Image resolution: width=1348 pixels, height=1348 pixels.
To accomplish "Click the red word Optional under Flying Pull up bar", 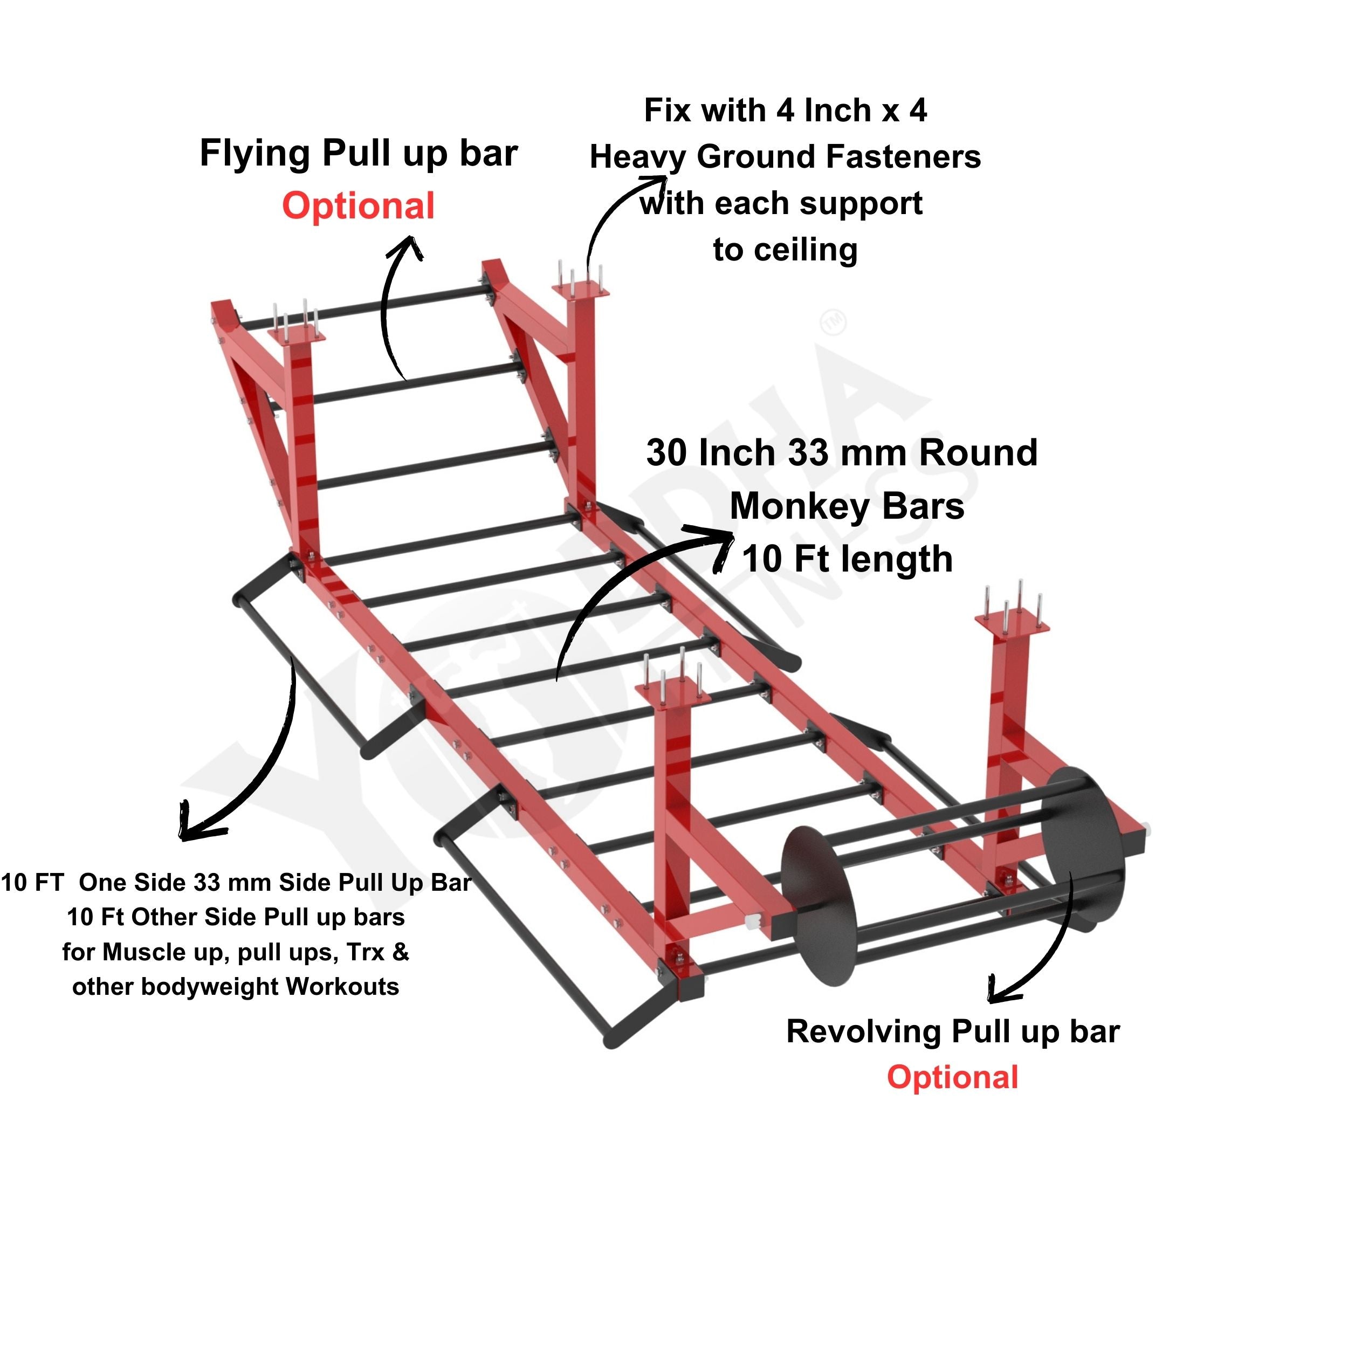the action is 359,207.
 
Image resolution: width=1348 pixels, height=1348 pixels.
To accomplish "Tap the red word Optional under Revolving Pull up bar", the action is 952,1077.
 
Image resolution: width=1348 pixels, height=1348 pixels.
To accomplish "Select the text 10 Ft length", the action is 847,560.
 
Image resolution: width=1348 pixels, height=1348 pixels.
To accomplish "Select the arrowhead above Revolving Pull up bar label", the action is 1002,990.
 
